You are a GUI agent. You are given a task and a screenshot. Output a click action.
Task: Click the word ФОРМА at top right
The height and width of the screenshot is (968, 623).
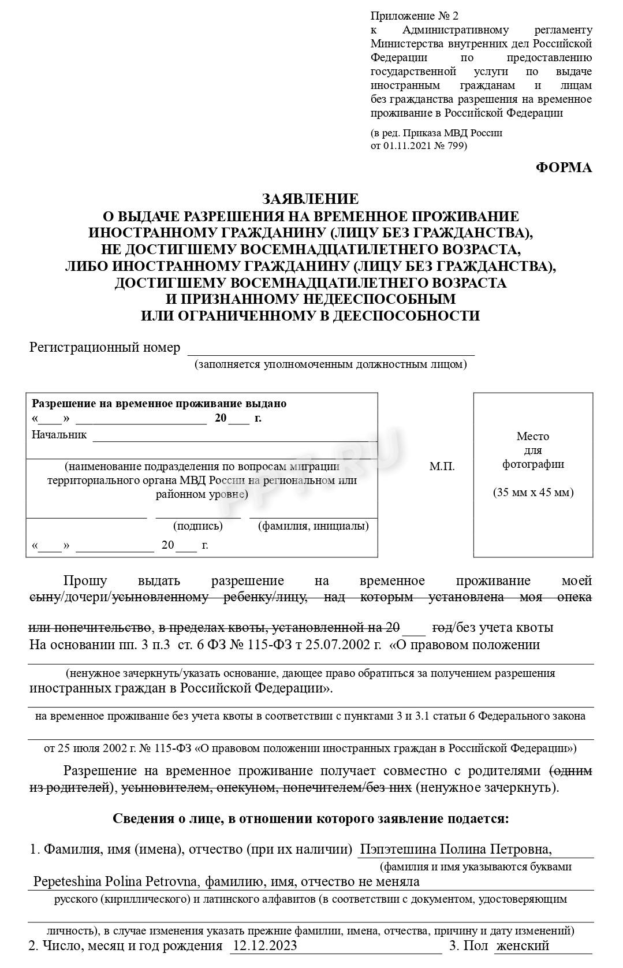tap(564, 167)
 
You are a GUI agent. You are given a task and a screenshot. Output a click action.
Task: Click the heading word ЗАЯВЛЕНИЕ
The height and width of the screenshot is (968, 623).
tap(310, 199)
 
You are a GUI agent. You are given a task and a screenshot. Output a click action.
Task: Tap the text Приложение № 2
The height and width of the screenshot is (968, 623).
tap(414, 16)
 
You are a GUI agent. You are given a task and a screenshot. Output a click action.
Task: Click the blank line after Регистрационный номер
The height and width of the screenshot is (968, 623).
tap(330, 349)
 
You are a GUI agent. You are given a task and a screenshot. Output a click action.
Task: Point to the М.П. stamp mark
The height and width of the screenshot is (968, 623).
tap(442, 466)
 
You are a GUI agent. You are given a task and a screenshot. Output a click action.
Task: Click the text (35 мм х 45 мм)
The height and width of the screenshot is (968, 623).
tap(533, 493)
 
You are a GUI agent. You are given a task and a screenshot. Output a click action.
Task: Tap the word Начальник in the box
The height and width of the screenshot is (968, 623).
tap(59, 434)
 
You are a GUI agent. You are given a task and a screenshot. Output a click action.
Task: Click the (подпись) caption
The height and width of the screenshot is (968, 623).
tap(197, 526)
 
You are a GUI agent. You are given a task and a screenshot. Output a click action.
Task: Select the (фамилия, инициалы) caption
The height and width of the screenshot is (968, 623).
tap(313, 526)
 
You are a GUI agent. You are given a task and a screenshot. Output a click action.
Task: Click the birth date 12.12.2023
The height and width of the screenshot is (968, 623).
tap(264, 945)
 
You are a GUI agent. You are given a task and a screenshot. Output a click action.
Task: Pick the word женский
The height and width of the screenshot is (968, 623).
tap(523, 945)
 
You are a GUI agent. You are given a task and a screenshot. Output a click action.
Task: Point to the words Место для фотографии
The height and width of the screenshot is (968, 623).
tap(533, 450)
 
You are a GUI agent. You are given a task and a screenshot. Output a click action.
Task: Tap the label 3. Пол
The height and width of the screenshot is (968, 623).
tap(468, 945)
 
